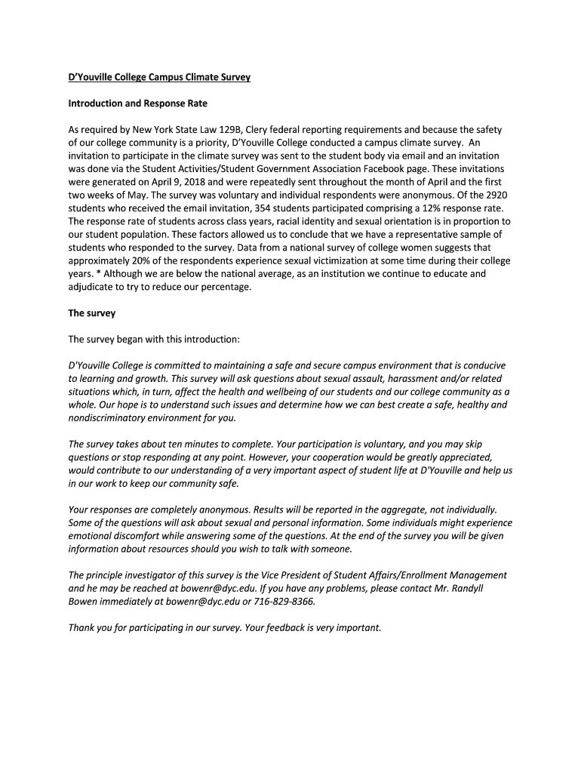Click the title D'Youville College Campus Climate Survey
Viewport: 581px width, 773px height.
click(x=159, y=77)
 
